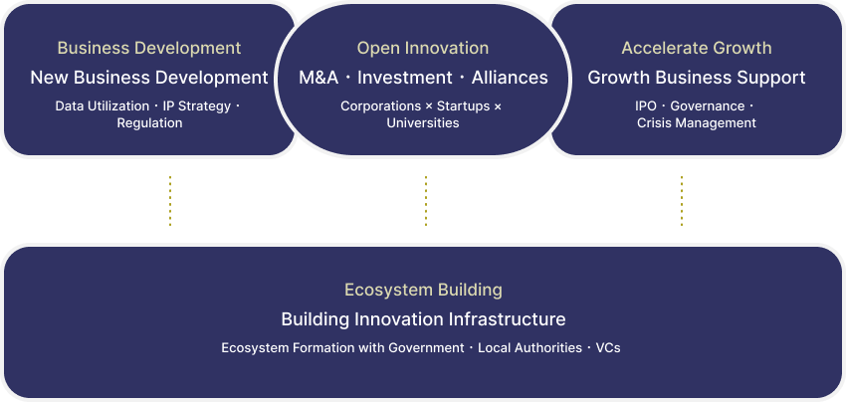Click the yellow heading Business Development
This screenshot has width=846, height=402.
tap(149, 48)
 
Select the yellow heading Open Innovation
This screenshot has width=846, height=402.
tap(423, 48)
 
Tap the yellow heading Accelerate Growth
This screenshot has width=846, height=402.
tap(697, 48)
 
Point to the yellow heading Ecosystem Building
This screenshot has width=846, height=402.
tap(424, 290)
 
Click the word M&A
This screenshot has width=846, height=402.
tap(318, 78)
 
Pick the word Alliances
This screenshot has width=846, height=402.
tap(510, 78)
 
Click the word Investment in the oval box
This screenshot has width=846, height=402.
tap(405, 78)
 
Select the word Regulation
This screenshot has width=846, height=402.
tap(149, 123)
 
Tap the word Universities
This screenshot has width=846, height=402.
tap(423, 123)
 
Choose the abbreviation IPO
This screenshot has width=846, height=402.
tap(646, 106)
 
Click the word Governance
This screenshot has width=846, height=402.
tap(708, 106)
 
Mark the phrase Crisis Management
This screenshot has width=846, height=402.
tap(697, 123)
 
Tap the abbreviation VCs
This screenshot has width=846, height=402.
tap(608, 348)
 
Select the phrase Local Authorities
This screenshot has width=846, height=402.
tap(529, 348)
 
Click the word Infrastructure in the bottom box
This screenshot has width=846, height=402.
tap(508, 319)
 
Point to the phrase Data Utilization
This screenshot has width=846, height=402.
tap(102, 106)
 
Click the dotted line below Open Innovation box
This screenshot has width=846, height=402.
tap(426, 201)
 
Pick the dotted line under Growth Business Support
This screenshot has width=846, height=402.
tap(682, 201)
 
